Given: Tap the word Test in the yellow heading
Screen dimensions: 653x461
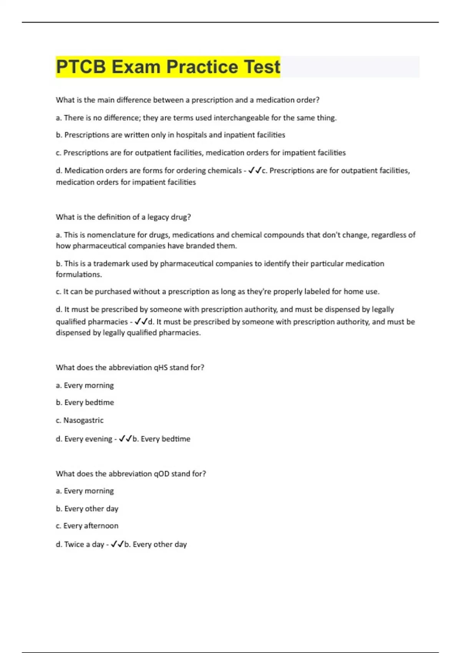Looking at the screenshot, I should click(262, 67).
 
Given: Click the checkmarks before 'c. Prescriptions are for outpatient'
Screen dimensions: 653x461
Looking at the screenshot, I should click(255, 170).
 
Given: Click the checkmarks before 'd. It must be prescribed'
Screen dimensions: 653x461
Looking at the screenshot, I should click(141, 322).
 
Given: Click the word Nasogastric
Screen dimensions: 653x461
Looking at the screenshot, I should click(83, 420).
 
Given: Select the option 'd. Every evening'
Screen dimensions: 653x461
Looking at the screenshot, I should click(84, 439).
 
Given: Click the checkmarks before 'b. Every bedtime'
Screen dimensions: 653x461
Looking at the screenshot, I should click(125, 439).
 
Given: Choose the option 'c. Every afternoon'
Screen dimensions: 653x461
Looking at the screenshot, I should click(87, 526).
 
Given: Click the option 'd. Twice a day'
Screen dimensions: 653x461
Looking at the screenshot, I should click(80, 544).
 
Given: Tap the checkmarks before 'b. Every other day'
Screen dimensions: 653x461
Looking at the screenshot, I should click(117, 544).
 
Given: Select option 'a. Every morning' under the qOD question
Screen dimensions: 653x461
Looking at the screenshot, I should click(85, 491).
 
